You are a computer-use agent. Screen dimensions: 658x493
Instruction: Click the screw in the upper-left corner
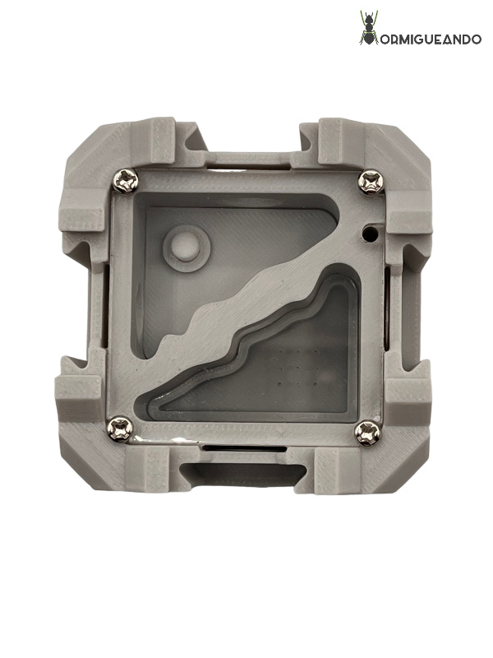(x=126, y=181)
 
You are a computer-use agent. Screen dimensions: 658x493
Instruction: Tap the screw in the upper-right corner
(x=371, y=182)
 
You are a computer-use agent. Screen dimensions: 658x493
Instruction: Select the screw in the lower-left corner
(x=121, y=429)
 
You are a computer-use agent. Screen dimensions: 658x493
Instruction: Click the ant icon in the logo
(x=369, y=28)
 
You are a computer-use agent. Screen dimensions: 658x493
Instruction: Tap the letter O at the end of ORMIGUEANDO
(x=476, y=39)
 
